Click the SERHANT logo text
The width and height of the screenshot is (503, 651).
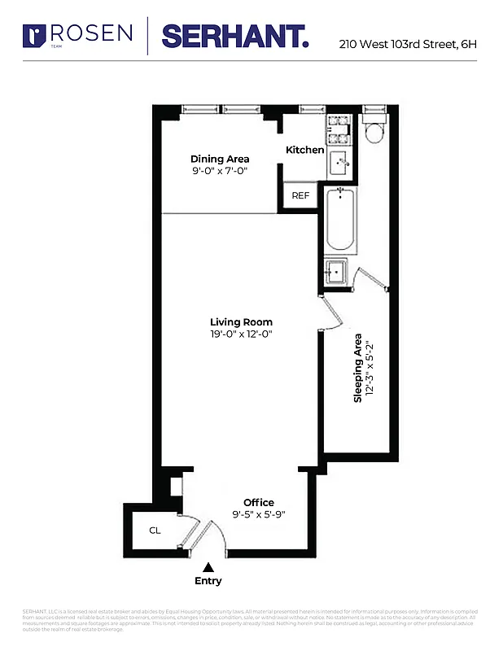pos(235,36)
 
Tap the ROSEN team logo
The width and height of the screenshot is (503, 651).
pos(78,34)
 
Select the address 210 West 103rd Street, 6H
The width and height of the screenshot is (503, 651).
pos(407,44)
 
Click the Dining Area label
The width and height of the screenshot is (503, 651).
pos(220,159)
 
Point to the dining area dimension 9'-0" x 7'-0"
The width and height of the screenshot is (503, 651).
pos(220,172)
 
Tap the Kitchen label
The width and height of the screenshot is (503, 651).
pos(305,150)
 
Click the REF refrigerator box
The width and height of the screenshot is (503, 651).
pos(300,196)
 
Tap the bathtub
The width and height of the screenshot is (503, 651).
pos(339,220)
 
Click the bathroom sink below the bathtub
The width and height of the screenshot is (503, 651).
pos(335,271)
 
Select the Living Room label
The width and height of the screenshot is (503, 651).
pos(241,322)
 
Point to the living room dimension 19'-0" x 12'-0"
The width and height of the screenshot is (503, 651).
pos(241,334)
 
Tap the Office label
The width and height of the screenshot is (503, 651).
pos(259,502)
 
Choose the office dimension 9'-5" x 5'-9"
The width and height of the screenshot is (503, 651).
pos(259,514)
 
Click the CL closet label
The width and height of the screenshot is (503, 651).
pos(155,531)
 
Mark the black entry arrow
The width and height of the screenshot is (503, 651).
pos(208,567)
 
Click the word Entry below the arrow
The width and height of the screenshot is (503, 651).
pos(208,581)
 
